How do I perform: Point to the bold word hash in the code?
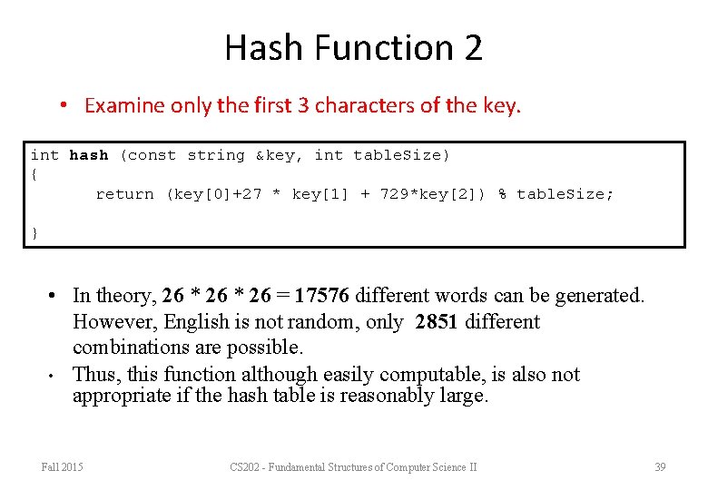pyautogui.click(x=88, y=155)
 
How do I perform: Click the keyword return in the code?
pyautogui.click(x=124, y=194)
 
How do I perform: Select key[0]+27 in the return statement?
pyautogui.click(x=214, y=194)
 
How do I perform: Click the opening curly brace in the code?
pyautogui.click(x=34, y=173)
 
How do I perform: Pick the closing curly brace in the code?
pyautogui.click(x=34, y=233)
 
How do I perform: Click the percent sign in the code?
pyautogui.click(x=502, y=194)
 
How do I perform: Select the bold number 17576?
pyautogui.click(x=322, y=296)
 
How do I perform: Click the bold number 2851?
pyautogui.click(x=439, y=322)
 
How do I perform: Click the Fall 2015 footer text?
pyautogui.click(x=62, y=467)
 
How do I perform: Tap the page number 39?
pyautogui.click(x=660, y=467)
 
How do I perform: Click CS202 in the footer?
pyautogui.click(x=245, y=467)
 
